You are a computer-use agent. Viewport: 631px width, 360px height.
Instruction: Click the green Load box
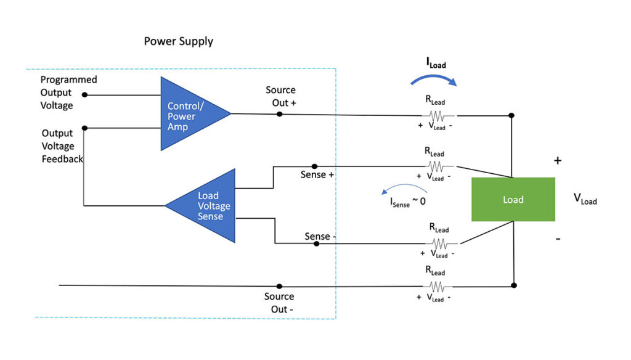tap(513, 199)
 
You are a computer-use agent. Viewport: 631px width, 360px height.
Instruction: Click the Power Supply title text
tap(178, 41)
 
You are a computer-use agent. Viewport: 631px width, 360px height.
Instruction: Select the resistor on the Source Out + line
tap(436, 115)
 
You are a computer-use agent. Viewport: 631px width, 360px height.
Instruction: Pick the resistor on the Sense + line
tap(436, 166)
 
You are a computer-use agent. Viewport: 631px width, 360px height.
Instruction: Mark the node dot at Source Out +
tap(280, 114)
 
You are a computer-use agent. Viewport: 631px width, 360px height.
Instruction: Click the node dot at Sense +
tap(314, 166)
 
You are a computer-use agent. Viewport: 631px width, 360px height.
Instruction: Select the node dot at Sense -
tap(316, 243)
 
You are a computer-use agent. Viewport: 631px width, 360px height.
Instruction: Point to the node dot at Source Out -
tap(279, 286)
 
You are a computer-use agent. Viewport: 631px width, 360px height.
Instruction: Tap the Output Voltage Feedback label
tap(62, 146)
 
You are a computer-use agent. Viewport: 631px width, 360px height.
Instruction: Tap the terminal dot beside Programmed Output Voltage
tap(84, 95)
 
